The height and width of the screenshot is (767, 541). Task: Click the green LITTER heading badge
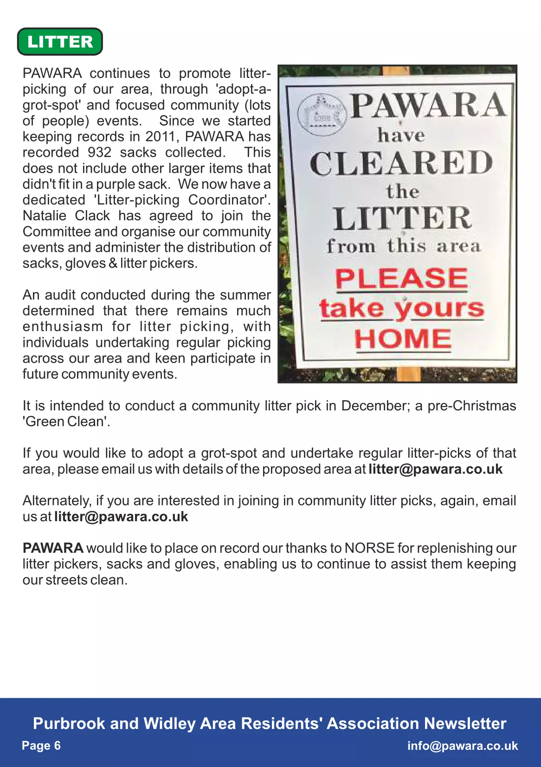(60, 42)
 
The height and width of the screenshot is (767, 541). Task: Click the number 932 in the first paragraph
(99, 152)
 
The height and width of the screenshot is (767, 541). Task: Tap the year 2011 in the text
(161, 136)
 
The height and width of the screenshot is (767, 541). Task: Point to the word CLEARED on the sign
(401, 163)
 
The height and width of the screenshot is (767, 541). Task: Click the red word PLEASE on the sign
(401, 279)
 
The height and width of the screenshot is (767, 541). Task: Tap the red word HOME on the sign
(403, 339)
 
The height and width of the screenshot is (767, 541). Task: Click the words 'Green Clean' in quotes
(65, 422)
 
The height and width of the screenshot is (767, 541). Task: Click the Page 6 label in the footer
(41, 746)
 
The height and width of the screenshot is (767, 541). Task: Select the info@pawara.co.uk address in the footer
(462, 746)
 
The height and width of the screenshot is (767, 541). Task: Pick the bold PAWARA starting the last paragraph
(53, 548)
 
